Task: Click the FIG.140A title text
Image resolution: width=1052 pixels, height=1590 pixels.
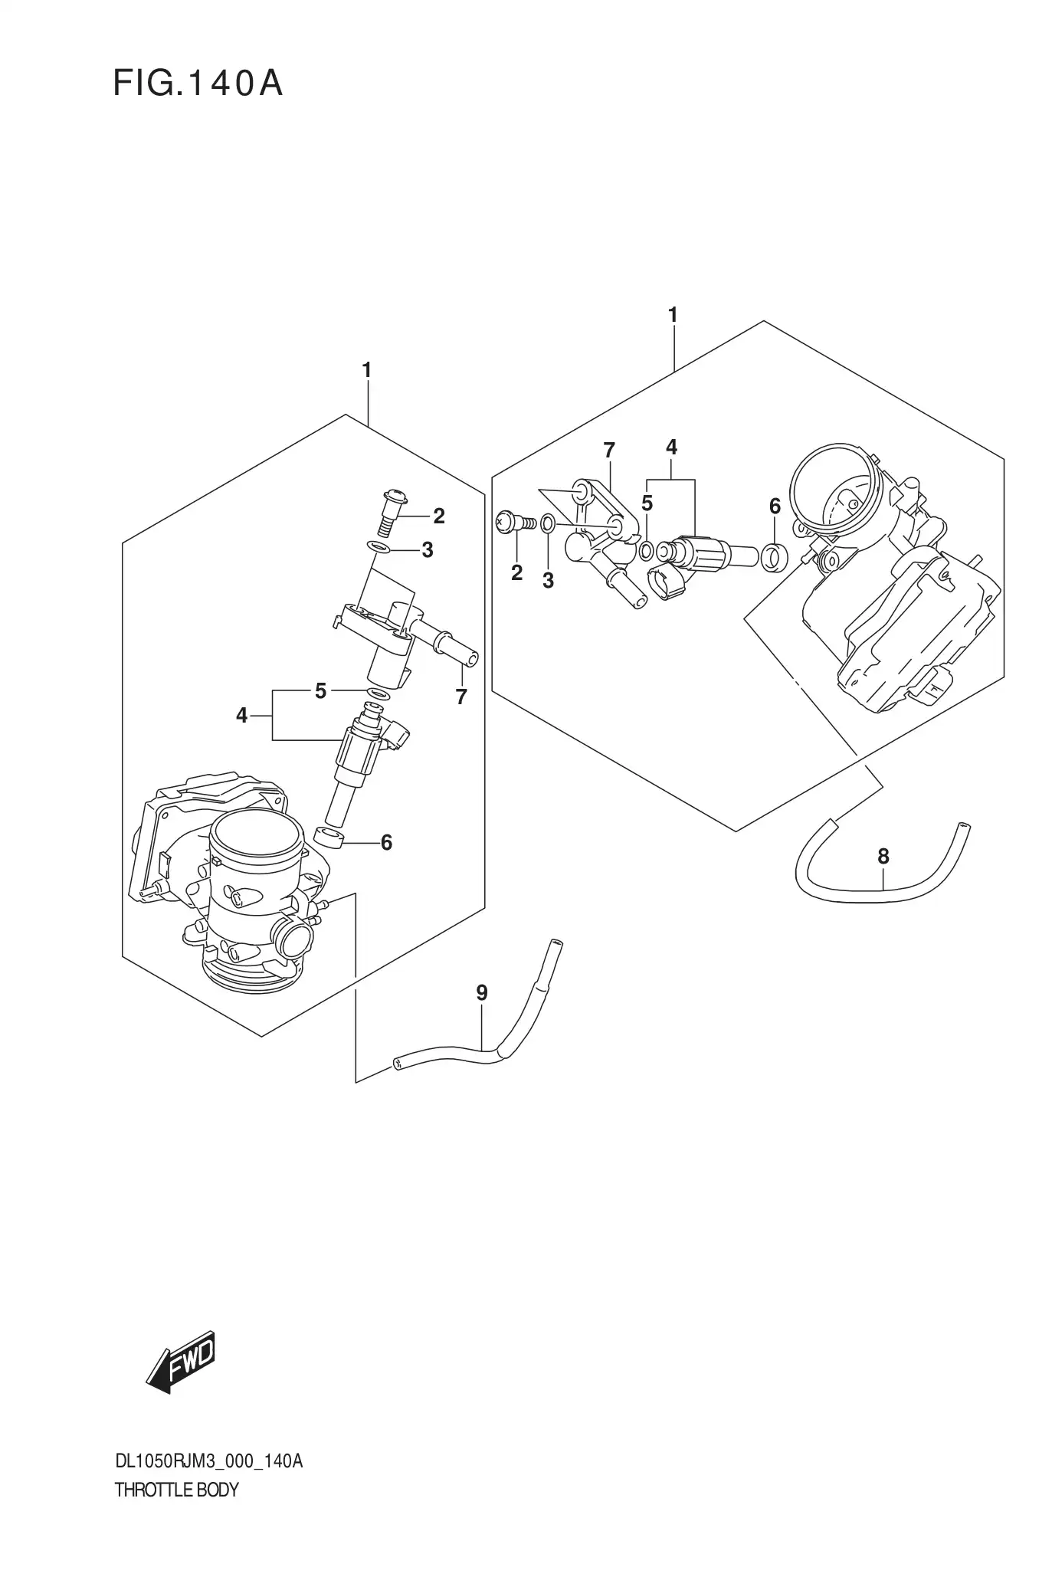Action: (198, 84)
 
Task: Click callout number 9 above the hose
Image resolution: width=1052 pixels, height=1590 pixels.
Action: (481, 993)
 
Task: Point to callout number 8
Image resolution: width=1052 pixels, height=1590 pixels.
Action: (883, 856)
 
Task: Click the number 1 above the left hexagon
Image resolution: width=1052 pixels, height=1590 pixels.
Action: (366, 370)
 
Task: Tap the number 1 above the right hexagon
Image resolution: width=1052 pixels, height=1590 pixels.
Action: (672, 315)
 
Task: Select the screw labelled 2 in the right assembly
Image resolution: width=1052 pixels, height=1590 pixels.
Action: (510, 523)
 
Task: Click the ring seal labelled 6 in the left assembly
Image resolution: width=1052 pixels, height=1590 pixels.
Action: (329, 838)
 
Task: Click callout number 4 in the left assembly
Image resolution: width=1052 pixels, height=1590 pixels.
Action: (242, 716)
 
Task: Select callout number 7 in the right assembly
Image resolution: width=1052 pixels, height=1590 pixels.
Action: (609, 451)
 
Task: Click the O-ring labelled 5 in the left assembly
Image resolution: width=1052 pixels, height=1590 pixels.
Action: (376, 693)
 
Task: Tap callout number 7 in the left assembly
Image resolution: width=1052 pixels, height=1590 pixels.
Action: (460, 697)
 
